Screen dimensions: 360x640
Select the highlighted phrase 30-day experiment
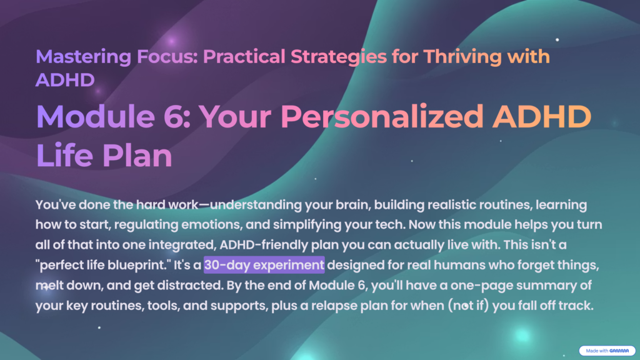click(264, 265)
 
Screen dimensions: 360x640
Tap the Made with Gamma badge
click(606, 351)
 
